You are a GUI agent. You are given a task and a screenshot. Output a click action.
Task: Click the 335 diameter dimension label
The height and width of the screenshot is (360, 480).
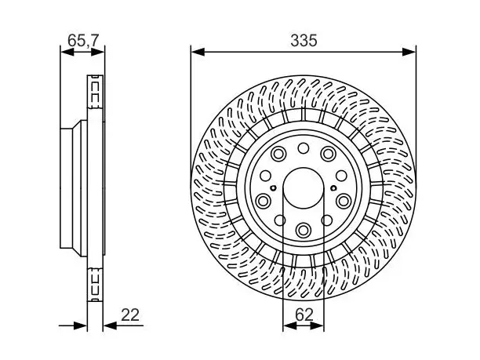304,41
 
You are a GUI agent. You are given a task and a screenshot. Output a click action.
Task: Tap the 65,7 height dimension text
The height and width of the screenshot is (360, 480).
83,41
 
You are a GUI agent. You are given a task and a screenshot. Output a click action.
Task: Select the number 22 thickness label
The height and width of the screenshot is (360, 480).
130,315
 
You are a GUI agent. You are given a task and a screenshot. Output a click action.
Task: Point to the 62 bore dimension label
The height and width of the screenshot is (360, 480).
304,315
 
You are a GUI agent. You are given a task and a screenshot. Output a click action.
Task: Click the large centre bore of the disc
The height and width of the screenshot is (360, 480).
304,188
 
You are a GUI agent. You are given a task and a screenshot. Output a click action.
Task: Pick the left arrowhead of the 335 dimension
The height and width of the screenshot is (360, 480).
198,52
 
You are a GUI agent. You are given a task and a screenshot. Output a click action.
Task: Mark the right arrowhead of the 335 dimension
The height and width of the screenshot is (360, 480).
409,52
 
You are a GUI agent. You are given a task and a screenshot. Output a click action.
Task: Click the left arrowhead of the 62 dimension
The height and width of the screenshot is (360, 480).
290,325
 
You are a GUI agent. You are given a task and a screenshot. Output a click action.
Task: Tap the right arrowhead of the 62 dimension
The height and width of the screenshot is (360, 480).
317,325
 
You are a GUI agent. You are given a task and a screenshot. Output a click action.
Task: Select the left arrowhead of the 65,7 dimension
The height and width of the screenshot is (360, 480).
67,52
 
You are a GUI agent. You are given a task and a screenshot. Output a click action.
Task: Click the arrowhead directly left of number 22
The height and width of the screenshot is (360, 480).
111,325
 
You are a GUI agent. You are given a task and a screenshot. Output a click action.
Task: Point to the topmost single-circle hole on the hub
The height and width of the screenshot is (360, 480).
304,148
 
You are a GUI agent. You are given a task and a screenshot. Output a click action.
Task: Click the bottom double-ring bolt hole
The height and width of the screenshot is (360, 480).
304,229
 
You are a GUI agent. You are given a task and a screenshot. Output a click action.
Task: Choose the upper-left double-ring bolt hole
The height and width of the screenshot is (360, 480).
279,154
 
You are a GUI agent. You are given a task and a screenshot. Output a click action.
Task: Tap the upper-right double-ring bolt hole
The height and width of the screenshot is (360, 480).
328,154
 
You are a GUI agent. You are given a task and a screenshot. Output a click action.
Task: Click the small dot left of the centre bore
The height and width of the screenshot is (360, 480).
274,188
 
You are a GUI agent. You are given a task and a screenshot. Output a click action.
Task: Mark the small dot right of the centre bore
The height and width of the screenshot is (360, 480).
333,188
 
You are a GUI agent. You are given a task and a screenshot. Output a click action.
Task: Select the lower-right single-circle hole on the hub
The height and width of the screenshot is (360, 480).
327,220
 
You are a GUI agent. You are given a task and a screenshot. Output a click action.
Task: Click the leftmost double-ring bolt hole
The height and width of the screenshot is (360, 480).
263,201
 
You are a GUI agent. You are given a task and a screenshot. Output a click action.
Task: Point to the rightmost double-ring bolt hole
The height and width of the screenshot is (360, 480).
344,201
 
